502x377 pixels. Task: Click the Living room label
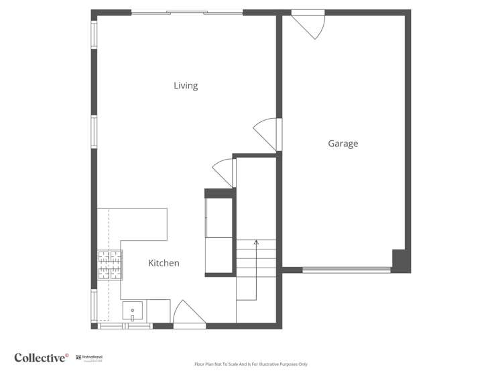186,86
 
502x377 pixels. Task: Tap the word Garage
342,144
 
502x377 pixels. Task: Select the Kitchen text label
164,264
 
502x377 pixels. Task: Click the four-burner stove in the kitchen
111,264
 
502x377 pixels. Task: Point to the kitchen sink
133,311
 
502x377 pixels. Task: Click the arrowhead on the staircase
255,243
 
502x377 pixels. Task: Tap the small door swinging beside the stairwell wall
225,173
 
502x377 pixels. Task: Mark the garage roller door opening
346,270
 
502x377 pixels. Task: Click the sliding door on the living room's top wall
187,13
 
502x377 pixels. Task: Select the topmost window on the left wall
95,32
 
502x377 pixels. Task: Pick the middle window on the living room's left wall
95,131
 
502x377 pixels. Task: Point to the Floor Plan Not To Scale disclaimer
251,364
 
